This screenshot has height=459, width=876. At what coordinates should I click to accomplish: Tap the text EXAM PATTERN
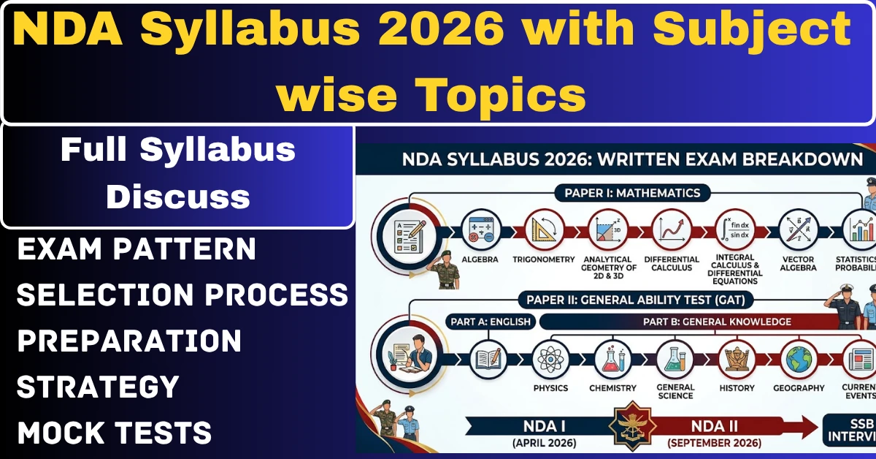coord(137,249)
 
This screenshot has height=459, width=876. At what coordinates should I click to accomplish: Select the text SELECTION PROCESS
coord(182,295)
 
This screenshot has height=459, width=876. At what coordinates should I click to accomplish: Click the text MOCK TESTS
coord(115,433)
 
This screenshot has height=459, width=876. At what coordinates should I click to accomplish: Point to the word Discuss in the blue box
coord(178,197)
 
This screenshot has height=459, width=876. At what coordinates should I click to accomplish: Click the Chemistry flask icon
coord(613,359)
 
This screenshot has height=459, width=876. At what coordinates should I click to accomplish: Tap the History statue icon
coord(737,359)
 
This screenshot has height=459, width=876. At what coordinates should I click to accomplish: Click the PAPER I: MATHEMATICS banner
coord(632,193)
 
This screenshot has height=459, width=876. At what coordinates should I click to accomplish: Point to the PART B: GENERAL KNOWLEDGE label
coord(717,322)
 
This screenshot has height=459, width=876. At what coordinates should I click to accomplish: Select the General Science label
coord(675,392)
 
